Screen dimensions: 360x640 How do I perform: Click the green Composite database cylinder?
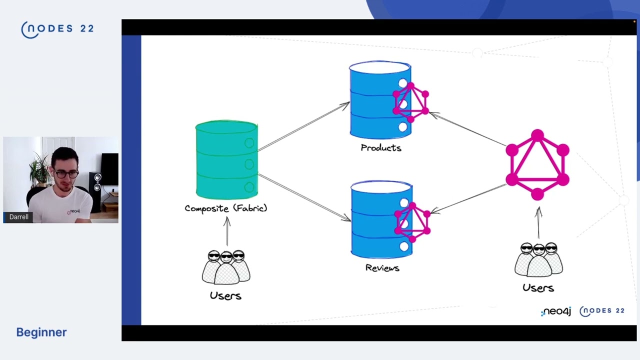point(226,160)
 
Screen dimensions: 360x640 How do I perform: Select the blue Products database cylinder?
point(375,100)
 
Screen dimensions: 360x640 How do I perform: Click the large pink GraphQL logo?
point(537,165)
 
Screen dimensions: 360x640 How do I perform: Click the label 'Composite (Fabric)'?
point(226,208)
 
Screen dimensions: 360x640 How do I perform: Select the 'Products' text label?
point(381,148)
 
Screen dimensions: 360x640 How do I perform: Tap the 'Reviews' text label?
point(382,268)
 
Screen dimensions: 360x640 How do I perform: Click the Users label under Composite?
point(225,295)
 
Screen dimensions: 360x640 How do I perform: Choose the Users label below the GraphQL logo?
point(538,287)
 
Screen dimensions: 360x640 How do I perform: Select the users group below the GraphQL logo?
point(538,259)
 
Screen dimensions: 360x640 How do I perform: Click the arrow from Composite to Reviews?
point(304,197)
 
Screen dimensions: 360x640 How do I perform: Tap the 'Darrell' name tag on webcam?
point(19,217)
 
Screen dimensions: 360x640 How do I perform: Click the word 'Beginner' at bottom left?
point(41,332)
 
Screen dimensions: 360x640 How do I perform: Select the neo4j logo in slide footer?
point(556,311)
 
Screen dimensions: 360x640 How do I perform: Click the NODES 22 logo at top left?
point(57,29)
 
